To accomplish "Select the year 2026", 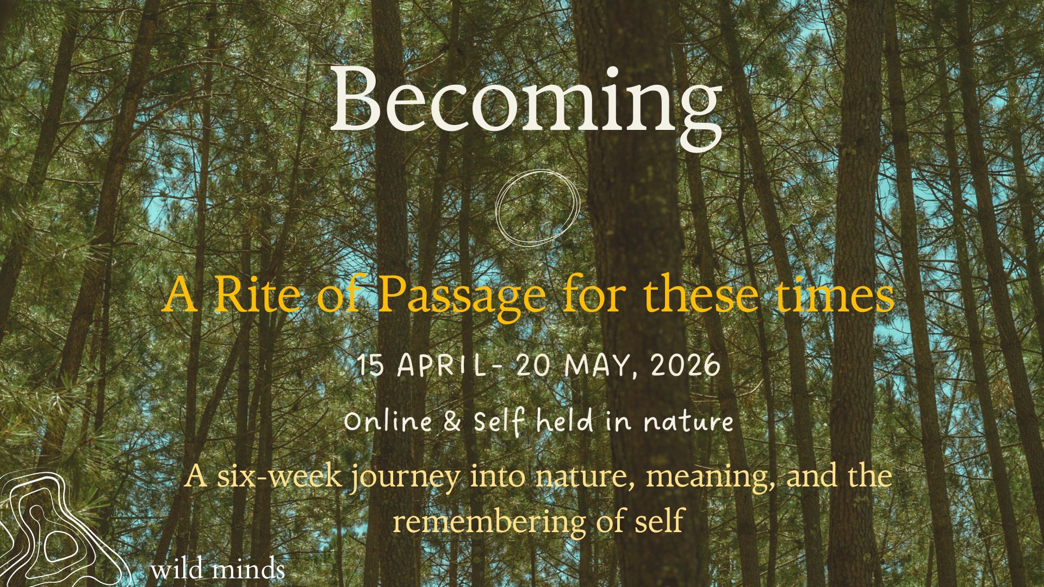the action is (x=686, y=365).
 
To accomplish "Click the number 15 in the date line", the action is (x=371, y=365).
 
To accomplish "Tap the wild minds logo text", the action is (x=218, y=570).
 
